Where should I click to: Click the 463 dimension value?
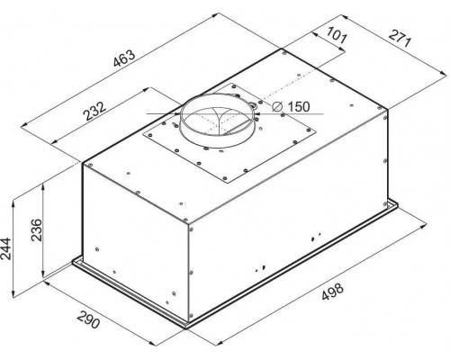coord(124,58)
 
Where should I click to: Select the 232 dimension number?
coord(94,111)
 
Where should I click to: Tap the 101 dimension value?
coord(337,35)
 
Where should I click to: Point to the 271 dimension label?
coord(400,38)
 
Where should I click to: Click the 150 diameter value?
coord(298,106)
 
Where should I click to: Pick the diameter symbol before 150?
coord(277,106)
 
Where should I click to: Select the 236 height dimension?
coord(37,230)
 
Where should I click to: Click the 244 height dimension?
coord(5,248)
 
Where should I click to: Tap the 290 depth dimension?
coord(88,319)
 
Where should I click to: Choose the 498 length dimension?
coord(332,292)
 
